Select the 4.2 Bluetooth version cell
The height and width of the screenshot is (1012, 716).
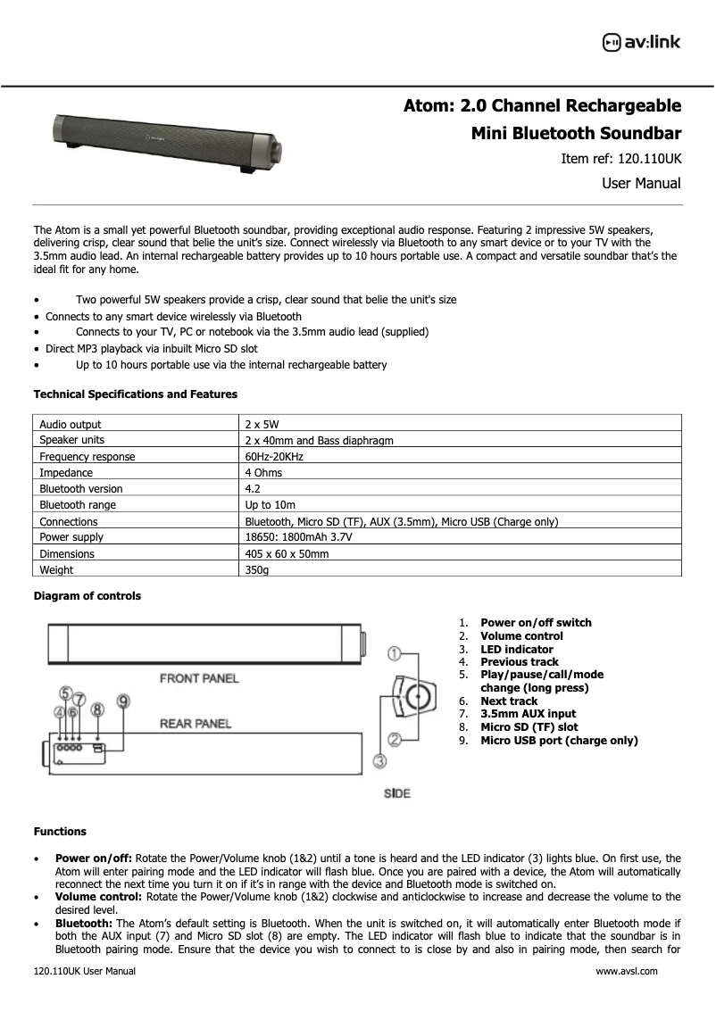pyautogui.click(x=253, y=489)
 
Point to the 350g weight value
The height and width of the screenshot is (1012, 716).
pyautogui.click(x=257, y=569)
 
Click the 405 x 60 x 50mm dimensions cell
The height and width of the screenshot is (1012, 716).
pyautogui.click(x=287, y=553)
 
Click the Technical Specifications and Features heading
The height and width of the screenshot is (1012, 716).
pyautogui.click(x=135, y=394)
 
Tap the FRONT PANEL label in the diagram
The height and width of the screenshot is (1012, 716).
pyautogui.click(x=199, y=678)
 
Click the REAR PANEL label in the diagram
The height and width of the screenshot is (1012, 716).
pyautogui.click(x=195, y=723)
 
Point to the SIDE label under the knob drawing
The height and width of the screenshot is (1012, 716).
pyautogui.click(x=396, y=793)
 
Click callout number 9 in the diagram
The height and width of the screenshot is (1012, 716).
pyautogui.click(x=124, y=701)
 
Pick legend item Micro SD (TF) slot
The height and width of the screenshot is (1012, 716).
pyautogui.click(x=529, y=727)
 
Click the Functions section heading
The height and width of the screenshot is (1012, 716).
pyautogui.click(x=60, y=832)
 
